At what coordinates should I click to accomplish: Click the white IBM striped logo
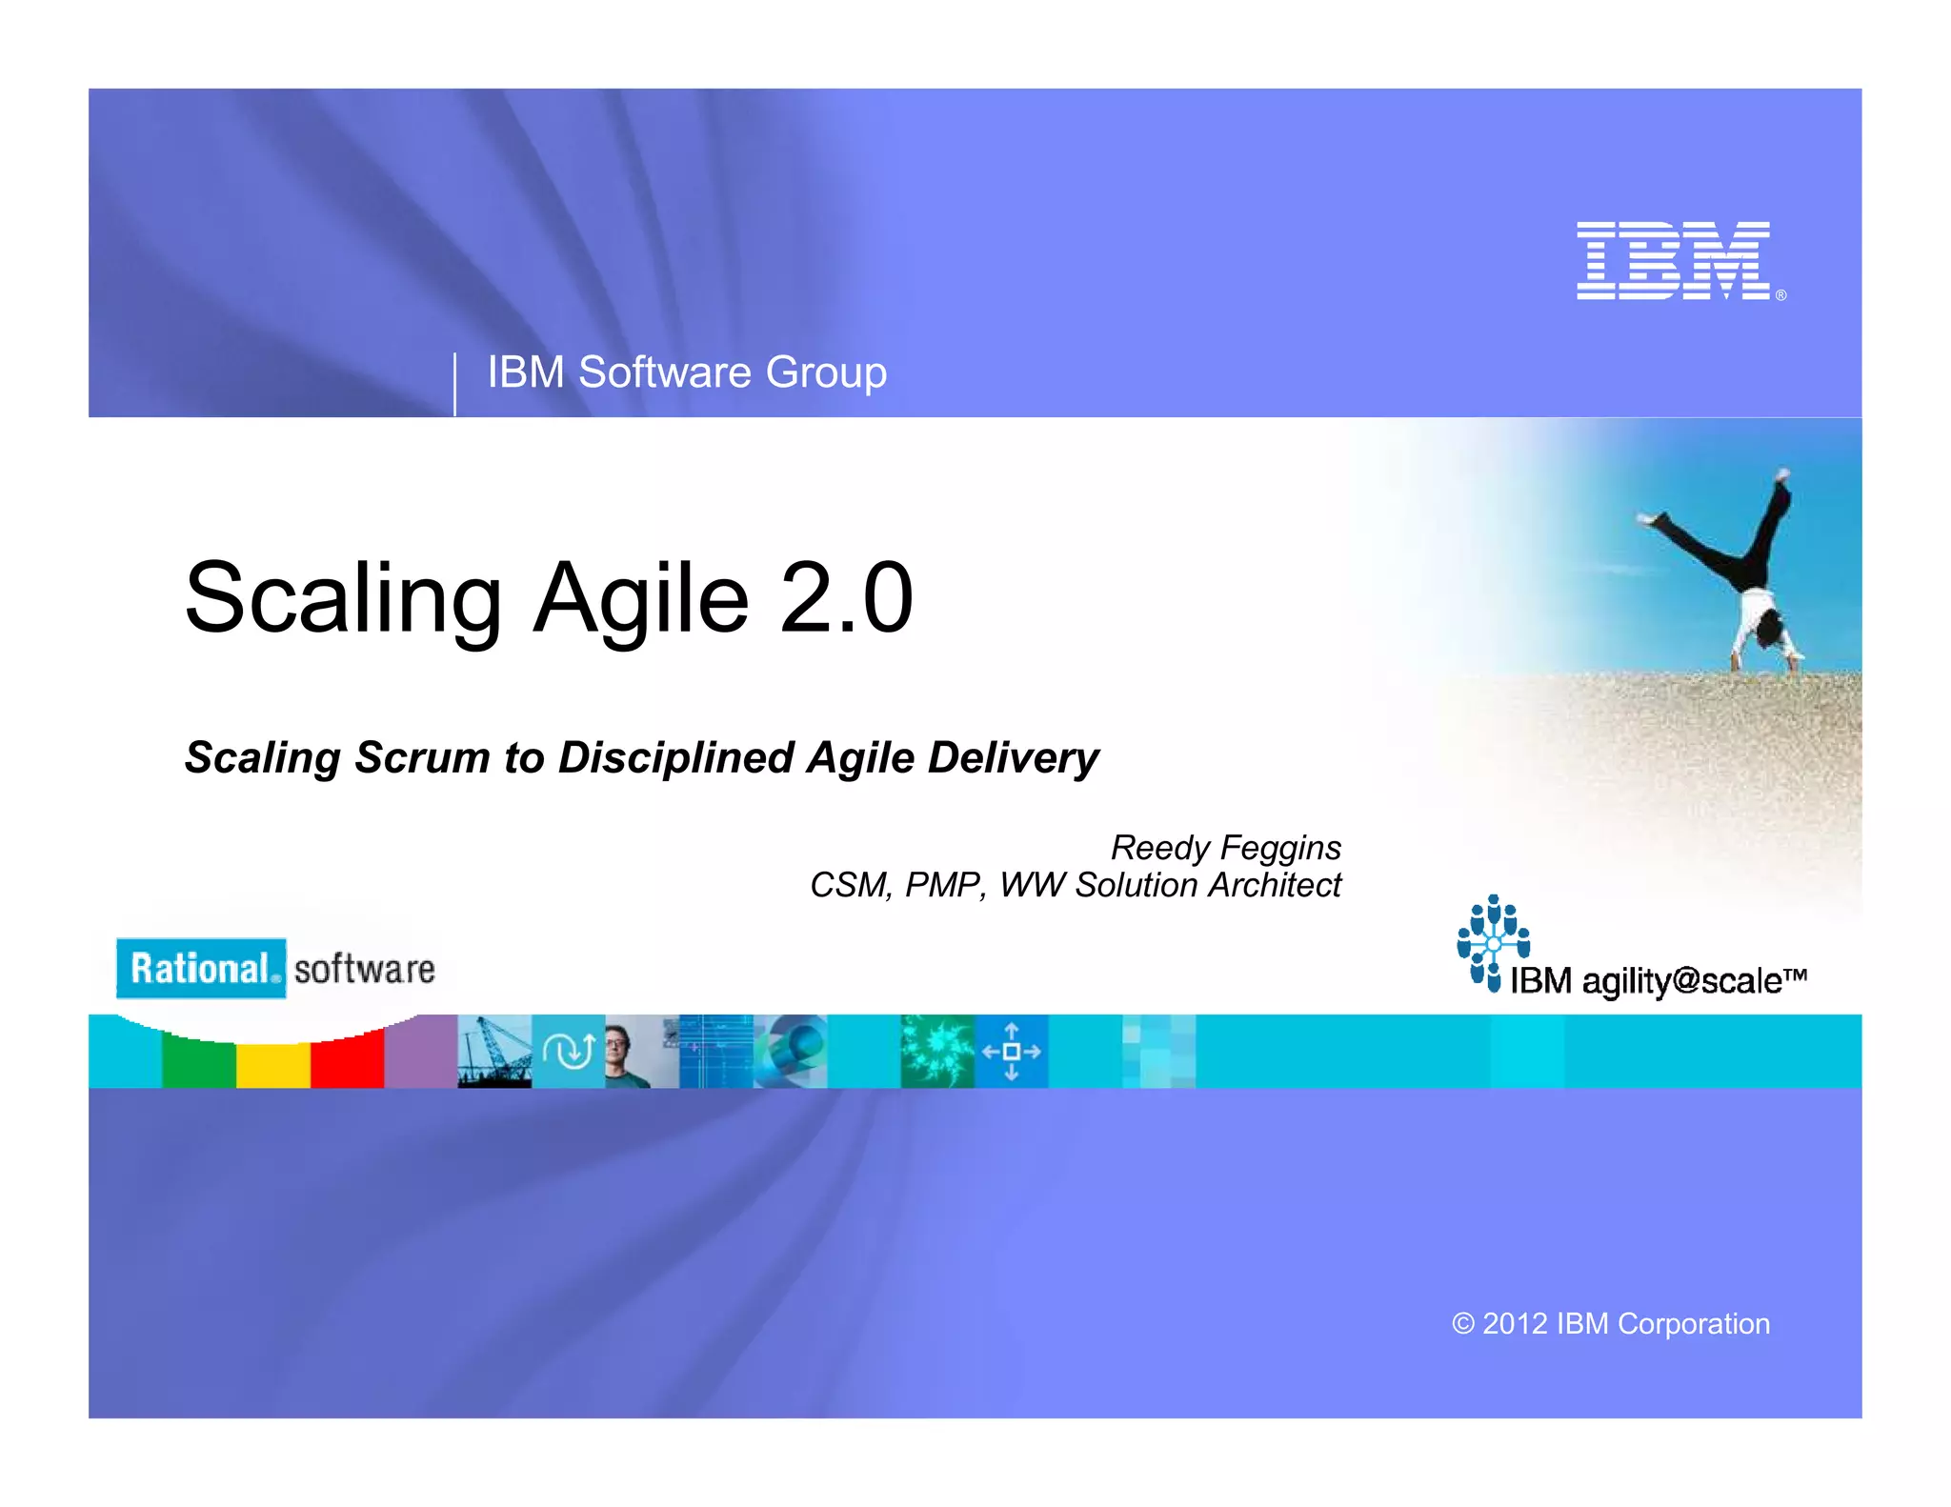tap(1673, 260)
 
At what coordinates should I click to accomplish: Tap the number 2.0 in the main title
tap(846, 598)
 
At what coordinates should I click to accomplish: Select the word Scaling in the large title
tap(343, 598)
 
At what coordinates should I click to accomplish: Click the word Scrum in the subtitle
tap(422, 758)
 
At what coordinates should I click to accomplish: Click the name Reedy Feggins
tap(1225, 847)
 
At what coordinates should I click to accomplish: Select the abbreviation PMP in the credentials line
tap(942, 885)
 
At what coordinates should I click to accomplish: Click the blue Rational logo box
tap(201, 968)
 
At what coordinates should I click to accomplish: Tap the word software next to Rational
tap(365, 970)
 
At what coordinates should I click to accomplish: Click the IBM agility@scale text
tap(1658, 980)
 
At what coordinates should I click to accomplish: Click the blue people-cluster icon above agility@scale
tap(1493, 941)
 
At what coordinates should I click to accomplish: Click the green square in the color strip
tap(199, 1063)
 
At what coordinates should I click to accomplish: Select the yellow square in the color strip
tap(273, 1063)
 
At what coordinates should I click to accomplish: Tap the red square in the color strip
tap(347, 1063)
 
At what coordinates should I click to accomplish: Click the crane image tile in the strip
tap(494, 1052)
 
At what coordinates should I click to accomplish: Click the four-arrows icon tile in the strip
tap(1012, 1052)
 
